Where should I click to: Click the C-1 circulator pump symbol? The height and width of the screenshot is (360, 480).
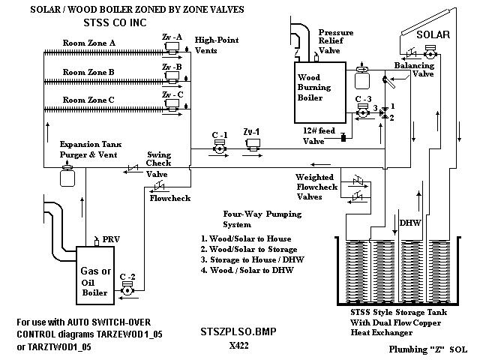tap(220, 147)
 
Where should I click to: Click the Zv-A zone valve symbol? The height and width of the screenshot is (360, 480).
tap(172, 48)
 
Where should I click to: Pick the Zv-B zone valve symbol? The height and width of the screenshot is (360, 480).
tap(172, 77)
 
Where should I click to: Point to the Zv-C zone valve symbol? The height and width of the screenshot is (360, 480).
tap(172, 105)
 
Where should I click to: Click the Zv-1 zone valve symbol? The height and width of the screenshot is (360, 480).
tap(253, 145)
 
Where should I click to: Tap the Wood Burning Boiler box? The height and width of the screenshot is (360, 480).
tap(320, 93)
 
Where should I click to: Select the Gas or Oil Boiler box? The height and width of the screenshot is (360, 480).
tap(95, 275)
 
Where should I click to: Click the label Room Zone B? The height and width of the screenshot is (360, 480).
tap(88, 72)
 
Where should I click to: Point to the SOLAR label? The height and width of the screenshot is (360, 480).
tap(433, 34)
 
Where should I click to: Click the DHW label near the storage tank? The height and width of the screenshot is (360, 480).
tap(410, 223)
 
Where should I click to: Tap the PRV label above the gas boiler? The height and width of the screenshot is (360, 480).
tap(111, 239)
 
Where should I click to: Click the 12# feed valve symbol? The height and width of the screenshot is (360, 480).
tap(343, 137)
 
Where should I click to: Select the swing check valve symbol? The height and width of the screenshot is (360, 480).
tap(133, 168)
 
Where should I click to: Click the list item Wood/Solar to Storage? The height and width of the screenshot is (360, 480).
tap(249, 249)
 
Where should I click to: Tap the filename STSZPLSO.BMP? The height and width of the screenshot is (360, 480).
tap(238, 331)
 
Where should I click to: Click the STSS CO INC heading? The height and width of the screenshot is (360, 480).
tap(115, 22)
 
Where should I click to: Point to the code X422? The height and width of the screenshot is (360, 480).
tap(238, 346)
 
